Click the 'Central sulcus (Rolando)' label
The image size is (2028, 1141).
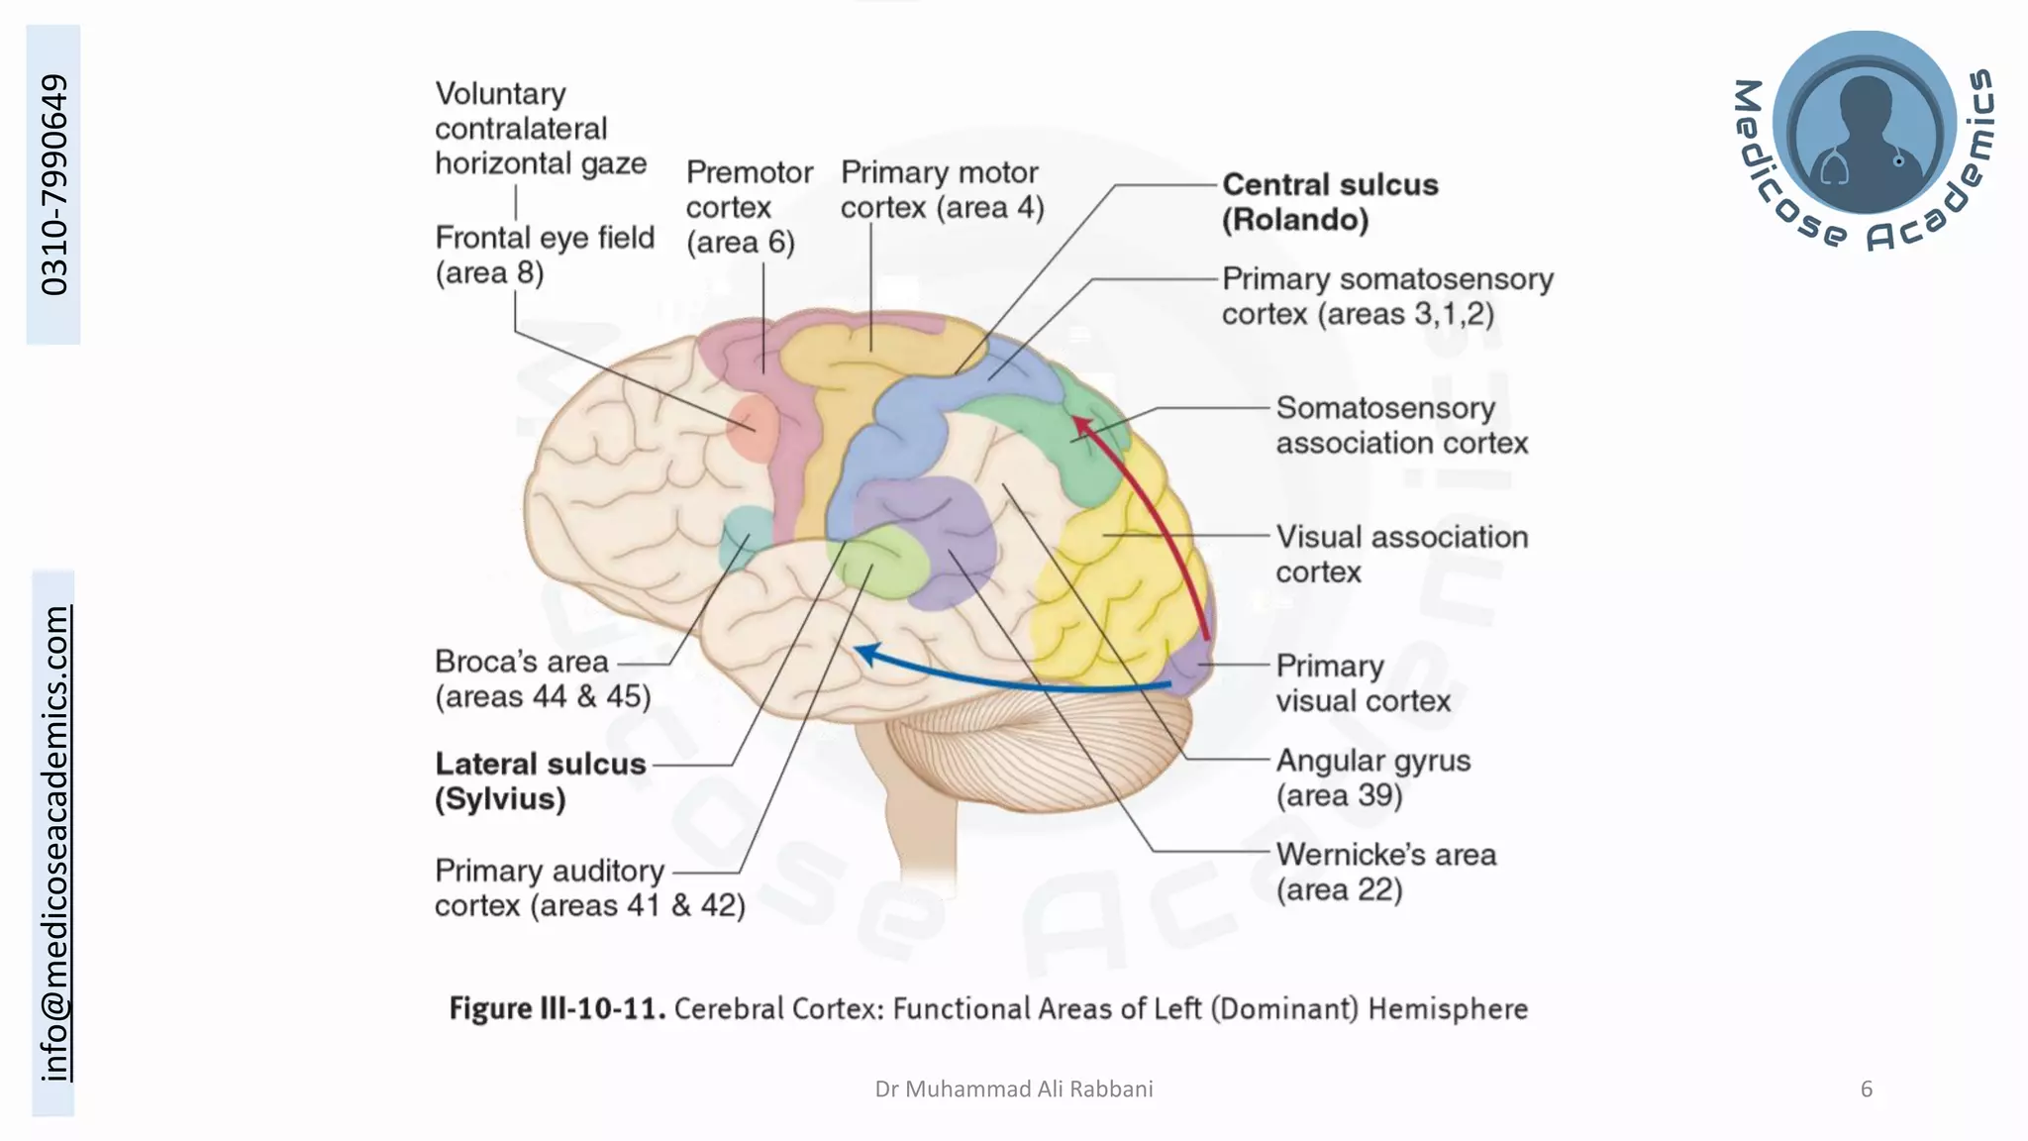tap(1329, 202)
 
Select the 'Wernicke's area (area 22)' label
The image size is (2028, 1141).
tap(1384, 872)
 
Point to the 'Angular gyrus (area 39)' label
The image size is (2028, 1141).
tap(1372, 778)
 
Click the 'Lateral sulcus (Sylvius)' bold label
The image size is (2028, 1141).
tap(540, 780)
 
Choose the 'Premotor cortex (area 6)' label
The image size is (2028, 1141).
tap(749, 207)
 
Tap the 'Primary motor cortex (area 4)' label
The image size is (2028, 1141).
tap(941, 189)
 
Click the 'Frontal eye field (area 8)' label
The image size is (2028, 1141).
tap(544, 255)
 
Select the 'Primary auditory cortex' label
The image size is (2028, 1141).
tap(589, 887)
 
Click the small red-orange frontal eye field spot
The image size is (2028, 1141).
tap(753, 428)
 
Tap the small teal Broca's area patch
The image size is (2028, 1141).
tap(745, 535)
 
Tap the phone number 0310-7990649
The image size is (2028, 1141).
tap(53, 184)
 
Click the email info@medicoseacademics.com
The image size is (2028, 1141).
tap(53, 843)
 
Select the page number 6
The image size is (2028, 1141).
tap(1866, 1089)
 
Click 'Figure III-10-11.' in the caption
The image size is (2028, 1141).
tap(557, 1008)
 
